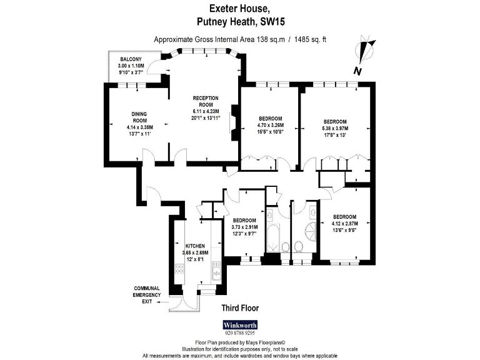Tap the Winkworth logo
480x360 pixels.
[239, 325]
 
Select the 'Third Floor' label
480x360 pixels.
[240, 308]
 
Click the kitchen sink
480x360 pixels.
[216, 269]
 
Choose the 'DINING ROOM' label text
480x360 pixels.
[139, 117]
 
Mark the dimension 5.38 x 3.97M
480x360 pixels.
[335, 128]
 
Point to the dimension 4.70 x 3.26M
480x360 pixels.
[271, 125]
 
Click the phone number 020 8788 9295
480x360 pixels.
[239, 333]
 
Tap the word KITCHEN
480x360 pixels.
[196, 246]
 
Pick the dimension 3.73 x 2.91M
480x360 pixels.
[244, 227]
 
